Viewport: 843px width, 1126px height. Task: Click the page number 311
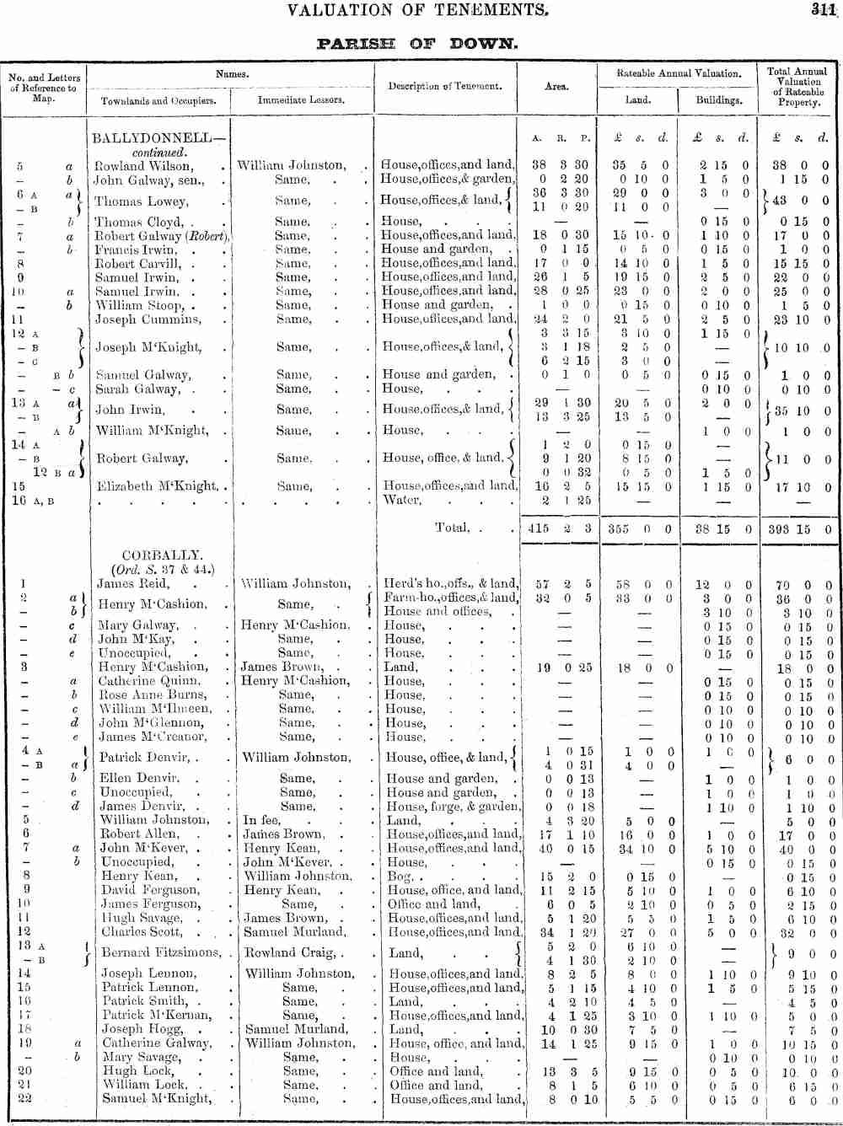(824, 10)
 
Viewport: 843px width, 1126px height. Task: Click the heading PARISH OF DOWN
(417, 44)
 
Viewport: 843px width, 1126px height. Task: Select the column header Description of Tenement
(444, 86)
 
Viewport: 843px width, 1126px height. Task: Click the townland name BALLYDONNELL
(153, 138)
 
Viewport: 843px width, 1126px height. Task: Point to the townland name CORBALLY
(162, 555)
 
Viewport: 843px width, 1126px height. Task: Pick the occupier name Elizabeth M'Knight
(158, 486)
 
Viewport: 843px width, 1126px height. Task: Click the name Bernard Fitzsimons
(161, 952)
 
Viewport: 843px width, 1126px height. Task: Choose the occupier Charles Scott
(141, 931)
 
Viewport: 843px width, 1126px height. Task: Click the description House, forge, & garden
(451, 806)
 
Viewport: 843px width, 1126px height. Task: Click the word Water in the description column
(402, 500)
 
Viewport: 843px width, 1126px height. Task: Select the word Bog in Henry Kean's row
(399, 877)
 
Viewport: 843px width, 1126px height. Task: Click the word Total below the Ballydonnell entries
(452, 528)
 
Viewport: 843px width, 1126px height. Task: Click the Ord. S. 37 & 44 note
(163, 570)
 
